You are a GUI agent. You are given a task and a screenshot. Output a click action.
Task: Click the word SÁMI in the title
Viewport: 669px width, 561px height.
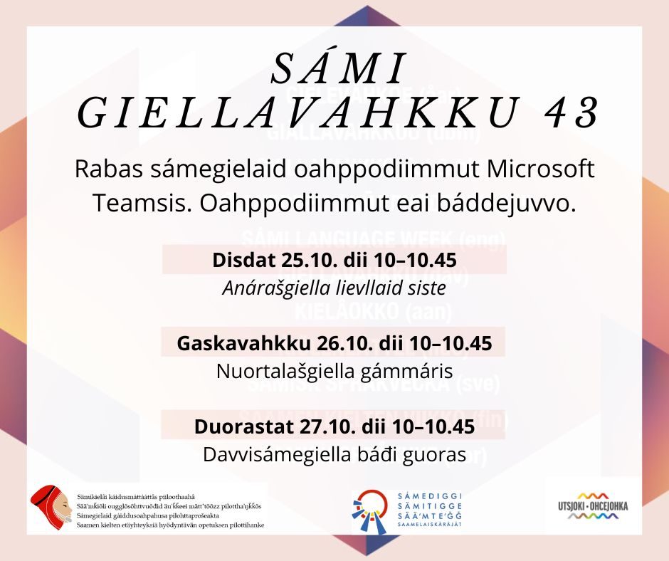[338, 69]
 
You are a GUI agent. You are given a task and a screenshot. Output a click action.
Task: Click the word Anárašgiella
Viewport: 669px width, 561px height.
[275, 289]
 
